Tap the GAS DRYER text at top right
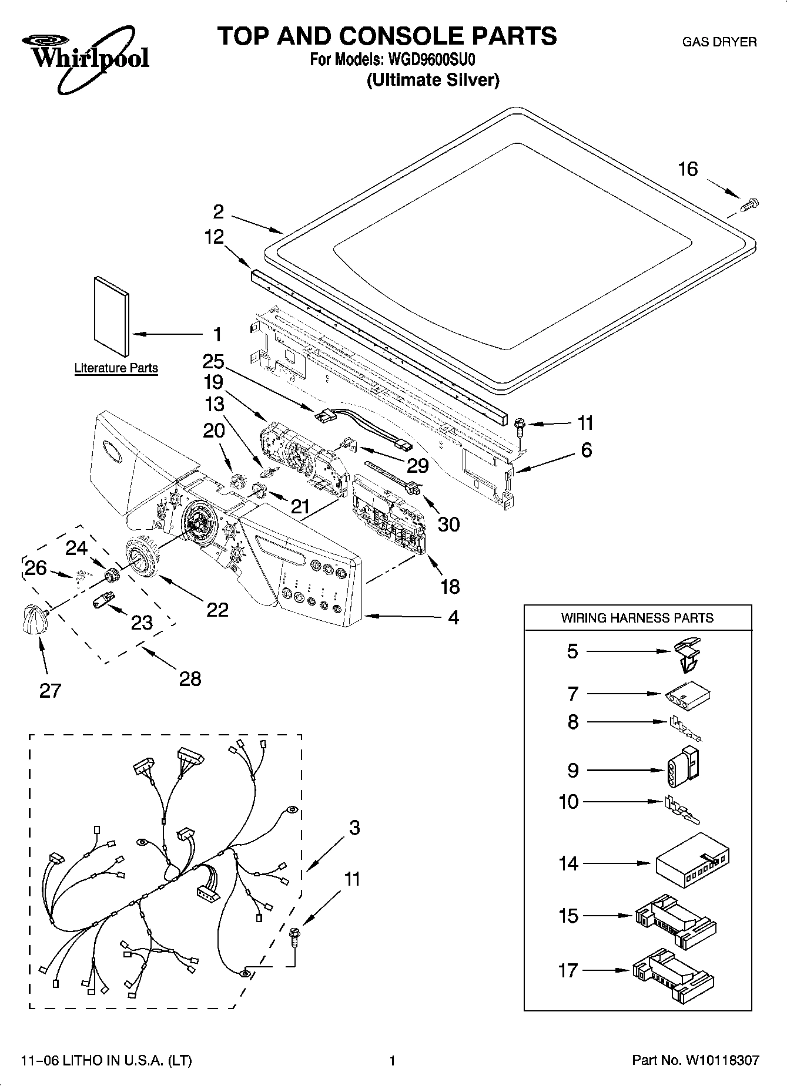719,42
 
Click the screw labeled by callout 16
750,205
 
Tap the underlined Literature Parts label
116,368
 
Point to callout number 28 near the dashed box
189,678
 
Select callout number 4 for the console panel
453,617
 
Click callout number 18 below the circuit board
450,586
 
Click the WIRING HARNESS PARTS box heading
637,618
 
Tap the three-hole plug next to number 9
682,767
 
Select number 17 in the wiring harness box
568,970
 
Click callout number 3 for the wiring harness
354,828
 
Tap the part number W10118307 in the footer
721,1060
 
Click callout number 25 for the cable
213,361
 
